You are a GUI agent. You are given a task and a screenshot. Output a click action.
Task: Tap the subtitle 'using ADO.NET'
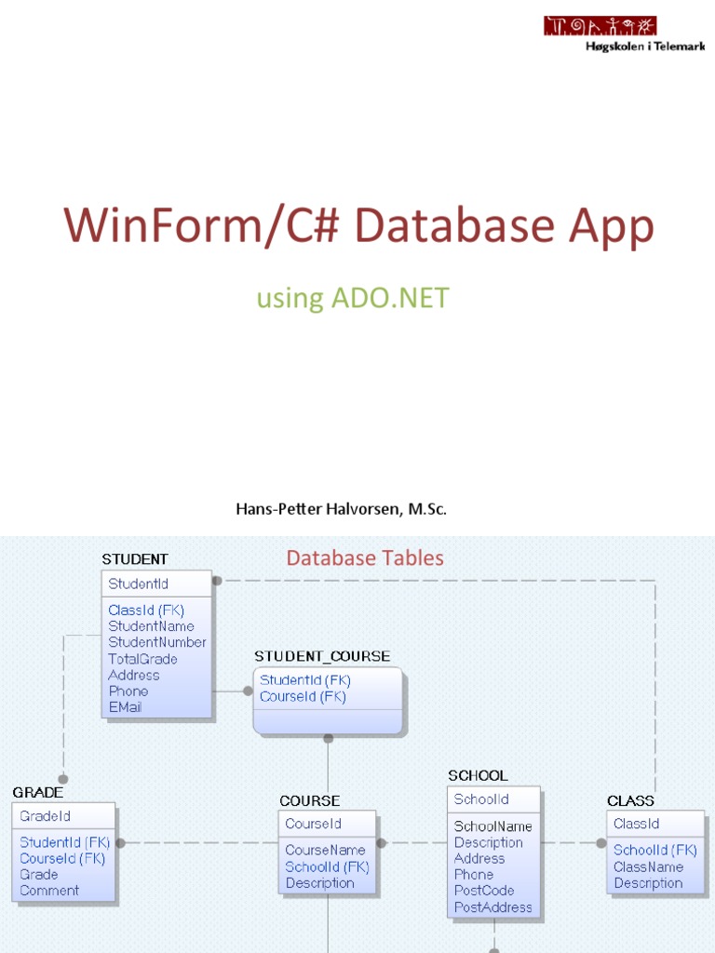click(x=353, y=298)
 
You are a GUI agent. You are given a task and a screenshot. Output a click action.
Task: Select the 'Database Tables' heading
click(x=365, y=557)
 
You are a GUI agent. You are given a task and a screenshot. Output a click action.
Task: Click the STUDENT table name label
click(x=135, y=559)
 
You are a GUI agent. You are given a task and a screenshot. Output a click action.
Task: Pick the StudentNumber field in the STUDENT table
click(x=157, y=642)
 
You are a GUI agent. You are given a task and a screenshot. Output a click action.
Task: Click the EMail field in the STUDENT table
click(x=126, y=707)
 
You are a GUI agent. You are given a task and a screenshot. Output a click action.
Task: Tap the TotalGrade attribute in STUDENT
click(x=142, y=659)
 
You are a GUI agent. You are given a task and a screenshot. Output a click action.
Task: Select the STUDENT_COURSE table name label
click(x=322, y=656)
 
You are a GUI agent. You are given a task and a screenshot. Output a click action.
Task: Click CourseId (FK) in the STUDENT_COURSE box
click(x=304, y=696)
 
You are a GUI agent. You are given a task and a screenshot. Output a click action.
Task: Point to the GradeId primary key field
click(x=46, y=816)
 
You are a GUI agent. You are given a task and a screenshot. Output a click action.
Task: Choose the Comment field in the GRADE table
click(x=49, y=891)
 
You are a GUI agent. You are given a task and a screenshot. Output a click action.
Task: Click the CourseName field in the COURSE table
click(x=325, y=850)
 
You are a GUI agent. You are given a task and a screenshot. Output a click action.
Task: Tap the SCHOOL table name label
click(x=478, y=775)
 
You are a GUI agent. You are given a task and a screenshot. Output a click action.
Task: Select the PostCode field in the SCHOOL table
click(x=484, y=891)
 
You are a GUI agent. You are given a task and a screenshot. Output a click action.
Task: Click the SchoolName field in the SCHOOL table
click(x=493, y=826)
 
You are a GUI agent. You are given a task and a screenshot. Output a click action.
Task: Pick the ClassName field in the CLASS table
click(x=648, y=866)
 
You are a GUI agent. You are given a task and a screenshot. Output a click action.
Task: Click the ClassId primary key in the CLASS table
click(x=637, y=824)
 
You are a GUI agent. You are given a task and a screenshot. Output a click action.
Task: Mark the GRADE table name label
click(x=38, y=792)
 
